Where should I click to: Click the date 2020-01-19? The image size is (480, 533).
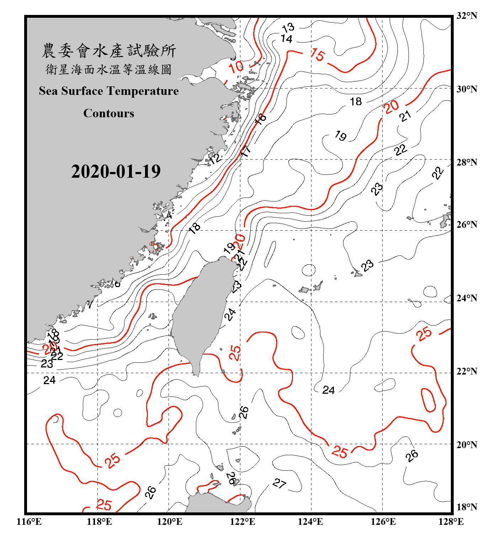tap(116, 171)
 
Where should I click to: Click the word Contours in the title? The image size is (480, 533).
tap(109, 113)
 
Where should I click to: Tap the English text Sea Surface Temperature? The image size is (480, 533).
tap(109, 91)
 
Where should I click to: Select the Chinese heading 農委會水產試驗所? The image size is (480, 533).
tap(109, 51)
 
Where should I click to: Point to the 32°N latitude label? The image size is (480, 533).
tap(466, 16)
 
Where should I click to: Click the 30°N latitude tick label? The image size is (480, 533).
tap(466, 89)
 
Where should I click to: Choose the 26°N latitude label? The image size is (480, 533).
tap(466, 225)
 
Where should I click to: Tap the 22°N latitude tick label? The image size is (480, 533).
tap(466, 371)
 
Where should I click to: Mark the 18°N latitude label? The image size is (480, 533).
tap(466, 507)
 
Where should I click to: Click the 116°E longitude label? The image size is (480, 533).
tap(29, 522)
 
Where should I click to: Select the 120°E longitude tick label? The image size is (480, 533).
tap(170, 522)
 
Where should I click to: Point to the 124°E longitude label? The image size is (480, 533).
tap(310, 522)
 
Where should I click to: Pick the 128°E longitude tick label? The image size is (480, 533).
tap(451, 522)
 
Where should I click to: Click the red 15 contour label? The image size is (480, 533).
tap(318, 55)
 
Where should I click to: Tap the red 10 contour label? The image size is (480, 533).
tap(236, 67)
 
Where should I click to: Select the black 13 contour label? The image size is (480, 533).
tap(288, 27)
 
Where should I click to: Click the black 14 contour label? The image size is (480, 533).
tap(286, 38)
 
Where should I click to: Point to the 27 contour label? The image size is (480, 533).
tap(279, 483)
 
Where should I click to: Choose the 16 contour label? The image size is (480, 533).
tap(261, 119)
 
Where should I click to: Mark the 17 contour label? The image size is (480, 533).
tap(246, 151)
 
